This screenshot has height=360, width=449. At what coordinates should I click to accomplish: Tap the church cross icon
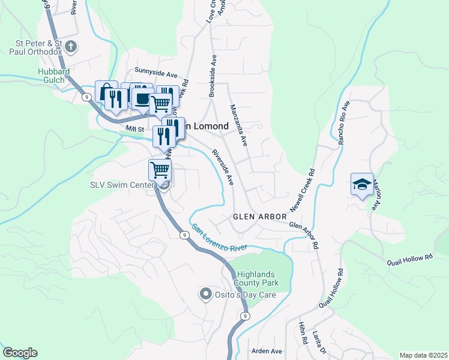[x=71, y=46]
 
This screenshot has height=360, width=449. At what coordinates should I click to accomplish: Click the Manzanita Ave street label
[x=239, y=125]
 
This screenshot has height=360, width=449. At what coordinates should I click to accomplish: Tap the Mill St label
[x=135, y=128]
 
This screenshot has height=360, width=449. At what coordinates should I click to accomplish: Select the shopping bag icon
[x=106, y=91]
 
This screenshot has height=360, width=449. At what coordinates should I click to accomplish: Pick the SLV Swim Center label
[x=122, y=185]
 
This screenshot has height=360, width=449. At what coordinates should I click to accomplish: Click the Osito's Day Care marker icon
[x=205, y=294]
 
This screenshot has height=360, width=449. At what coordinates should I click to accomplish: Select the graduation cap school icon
[x=363, y=184]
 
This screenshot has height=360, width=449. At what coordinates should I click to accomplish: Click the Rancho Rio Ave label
[x=343, y=123]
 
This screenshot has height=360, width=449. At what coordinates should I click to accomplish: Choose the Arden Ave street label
[x=267, y=350]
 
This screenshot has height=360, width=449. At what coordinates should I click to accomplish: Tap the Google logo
[x=20, y=353]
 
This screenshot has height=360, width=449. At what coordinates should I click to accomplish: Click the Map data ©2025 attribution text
[x=423, y=355]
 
